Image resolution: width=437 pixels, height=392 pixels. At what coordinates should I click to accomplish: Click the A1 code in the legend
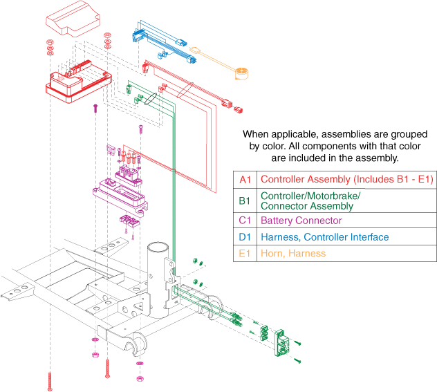245,180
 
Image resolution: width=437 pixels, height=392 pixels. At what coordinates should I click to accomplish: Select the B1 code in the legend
245,200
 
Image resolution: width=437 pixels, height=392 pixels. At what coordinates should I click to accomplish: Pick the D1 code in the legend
245,237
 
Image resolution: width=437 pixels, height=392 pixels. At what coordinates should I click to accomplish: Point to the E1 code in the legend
245,254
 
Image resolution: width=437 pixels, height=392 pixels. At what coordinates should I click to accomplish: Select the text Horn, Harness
292,254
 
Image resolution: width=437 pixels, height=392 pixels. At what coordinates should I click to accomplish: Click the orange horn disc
241,73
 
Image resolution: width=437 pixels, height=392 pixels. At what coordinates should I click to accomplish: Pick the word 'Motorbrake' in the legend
333,196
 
